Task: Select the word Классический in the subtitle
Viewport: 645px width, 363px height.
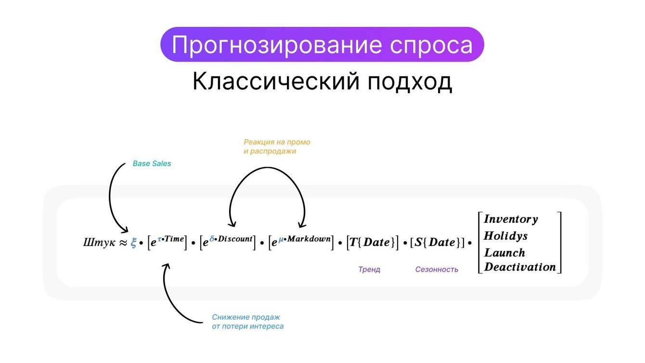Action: (x=276, y=81)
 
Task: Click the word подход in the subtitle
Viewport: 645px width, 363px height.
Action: (x=410, y=82)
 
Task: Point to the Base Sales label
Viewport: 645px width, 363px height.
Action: (x=152, y=164)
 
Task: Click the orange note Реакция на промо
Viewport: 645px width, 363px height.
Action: (x=277, y=142)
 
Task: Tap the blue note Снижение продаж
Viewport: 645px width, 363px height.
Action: (x=246, y=317)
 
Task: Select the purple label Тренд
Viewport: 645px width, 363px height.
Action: (x=369, y=270)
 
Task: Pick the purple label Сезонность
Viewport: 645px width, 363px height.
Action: (x=437, y=270)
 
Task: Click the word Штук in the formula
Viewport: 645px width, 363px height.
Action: (x=99, y=243)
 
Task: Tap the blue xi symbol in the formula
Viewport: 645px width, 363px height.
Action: (x=133, y=243)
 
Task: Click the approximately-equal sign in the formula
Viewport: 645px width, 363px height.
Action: (x=123, y=243)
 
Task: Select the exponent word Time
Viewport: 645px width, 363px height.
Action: (x=174, y=239)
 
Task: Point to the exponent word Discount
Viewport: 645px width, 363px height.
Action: (x=235, y=239)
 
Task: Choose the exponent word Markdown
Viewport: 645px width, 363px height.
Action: (x=309, y=239)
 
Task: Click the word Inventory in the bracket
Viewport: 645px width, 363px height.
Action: (x=511, y=219)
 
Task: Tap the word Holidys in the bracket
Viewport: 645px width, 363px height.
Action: (x=505, y=236)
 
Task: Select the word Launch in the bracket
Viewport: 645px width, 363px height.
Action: (x=504, y=253)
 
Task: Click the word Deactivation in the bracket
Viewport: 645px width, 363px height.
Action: (x=520, y=267)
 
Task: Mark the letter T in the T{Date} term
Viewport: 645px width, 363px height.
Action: (x=353, y=242)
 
